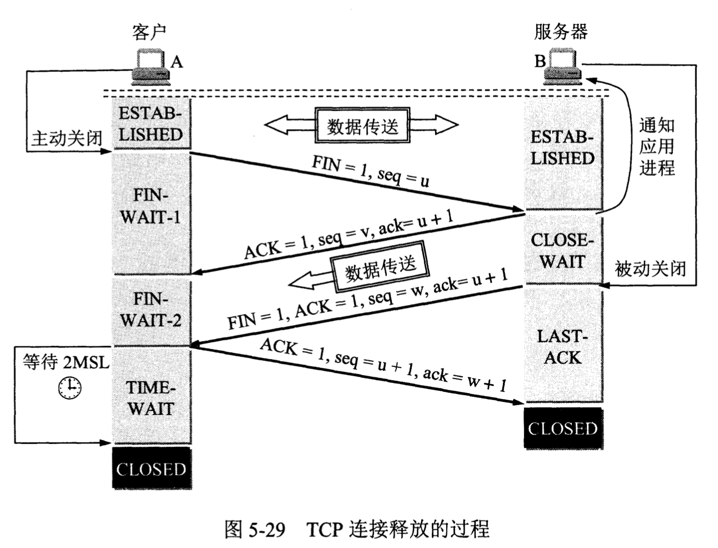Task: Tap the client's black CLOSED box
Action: click(151, 469)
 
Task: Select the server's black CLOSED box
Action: click(563, 429)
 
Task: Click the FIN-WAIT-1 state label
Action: click(151, 206)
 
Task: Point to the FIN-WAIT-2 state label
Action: click(151, 310)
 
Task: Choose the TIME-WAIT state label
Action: click(151, 398)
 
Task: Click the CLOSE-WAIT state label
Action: click(562, 251)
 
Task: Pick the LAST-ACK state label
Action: click(562, 347)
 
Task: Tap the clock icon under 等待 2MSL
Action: click(69, 387)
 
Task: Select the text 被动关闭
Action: click(650, 269)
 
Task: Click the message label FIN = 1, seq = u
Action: click(371, 171)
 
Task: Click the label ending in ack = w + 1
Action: click(383, 365)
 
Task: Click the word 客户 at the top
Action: click(148, 32)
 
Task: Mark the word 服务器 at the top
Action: click(561, 32)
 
